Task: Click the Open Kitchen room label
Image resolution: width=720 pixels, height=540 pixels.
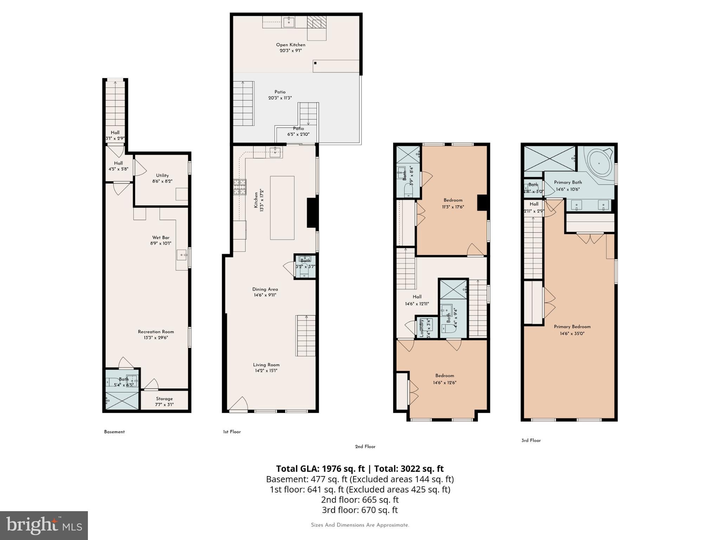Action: [x=290, y=45]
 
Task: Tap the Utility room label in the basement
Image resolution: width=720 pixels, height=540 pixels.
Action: [x=162, y=175]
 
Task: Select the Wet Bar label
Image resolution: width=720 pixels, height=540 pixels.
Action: [x=161, y=238]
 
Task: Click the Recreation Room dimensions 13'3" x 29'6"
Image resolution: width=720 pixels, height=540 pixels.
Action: [x=156, y=338]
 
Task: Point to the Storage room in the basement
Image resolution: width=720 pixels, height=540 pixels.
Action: [x=164, y=401]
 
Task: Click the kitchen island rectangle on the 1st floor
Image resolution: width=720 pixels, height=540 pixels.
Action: [x=282, y=208]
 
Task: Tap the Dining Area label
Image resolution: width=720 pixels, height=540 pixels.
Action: [x=265, y=289]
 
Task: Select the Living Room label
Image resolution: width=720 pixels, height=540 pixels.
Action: [x=266, y=365]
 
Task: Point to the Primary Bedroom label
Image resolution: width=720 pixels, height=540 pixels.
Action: [x=572, y=327]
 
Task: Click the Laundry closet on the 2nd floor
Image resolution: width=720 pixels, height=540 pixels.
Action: [x=427, y=327]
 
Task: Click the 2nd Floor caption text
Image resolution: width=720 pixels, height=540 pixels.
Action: [x=365, y=446]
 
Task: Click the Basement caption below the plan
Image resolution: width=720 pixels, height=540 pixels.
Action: [x=114, y=432]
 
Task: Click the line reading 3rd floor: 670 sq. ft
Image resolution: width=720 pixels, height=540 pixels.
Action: [x=360, y=510]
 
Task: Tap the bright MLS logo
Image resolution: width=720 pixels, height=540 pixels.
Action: [x=44, y=526]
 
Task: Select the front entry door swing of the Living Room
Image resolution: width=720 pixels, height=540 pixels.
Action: [x=240, y=404]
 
